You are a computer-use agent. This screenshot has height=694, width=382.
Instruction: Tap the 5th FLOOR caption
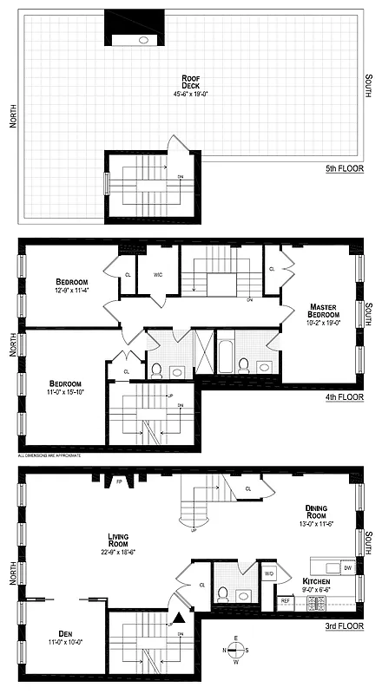(337, 168)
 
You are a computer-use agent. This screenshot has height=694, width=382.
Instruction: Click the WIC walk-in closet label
(159, 275)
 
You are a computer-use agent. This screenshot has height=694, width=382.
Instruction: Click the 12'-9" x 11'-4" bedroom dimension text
(69, 291)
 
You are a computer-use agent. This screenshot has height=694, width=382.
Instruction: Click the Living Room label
(119, 542)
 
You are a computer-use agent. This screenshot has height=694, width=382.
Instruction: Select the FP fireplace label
(118, 481)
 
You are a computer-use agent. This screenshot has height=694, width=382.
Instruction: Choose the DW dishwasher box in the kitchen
(346, 567)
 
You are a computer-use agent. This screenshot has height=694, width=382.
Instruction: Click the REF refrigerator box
(284, 599)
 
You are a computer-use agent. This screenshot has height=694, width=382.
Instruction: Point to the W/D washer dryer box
(268, 573)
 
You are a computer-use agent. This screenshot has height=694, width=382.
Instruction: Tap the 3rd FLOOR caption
(337, 624)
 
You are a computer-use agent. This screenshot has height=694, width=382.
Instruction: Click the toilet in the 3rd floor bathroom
(223, 594)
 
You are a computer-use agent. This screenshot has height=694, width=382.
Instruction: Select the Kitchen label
(316, 582)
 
